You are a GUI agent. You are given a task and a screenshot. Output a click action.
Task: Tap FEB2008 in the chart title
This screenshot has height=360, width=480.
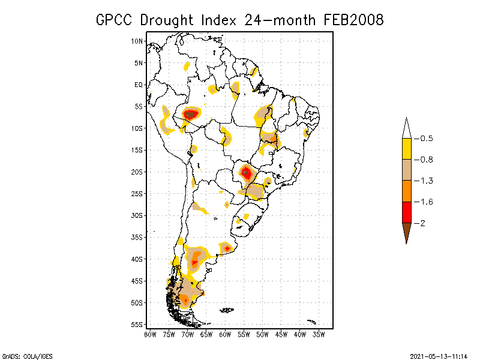tap(354, 20)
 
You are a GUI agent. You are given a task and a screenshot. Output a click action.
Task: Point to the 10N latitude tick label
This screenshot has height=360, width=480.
tap(137, 41)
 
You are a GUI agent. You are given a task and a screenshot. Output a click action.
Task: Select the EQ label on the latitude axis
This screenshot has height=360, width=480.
tap(139, 85)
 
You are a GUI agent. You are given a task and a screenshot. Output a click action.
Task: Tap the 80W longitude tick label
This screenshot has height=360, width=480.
tap(150, 334)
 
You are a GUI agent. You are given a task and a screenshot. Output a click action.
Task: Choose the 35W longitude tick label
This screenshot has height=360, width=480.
tap(319, 334)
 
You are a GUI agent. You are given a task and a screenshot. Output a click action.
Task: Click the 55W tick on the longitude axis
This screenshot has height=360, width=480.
tap(244, 334)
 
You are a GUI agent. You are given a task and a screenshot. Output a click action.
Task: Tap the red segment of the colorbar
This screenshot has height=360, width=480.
tap(406, 212)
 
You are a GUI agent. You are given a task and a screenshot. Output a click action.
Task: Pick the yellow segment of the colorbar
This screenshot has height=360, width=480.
tap(406, 149)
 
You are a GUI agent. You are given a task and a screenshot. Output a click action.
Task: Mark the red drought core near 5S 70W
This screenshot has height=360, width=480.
tap(191, 113)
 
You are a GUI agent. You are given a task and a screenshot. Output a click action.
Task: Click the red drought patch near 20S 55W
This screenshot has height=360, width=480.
tap(246, 173)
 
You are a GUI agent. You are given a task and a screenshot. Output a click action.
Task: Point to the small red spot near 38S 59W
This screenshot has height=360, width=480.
tap(227, 248)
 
